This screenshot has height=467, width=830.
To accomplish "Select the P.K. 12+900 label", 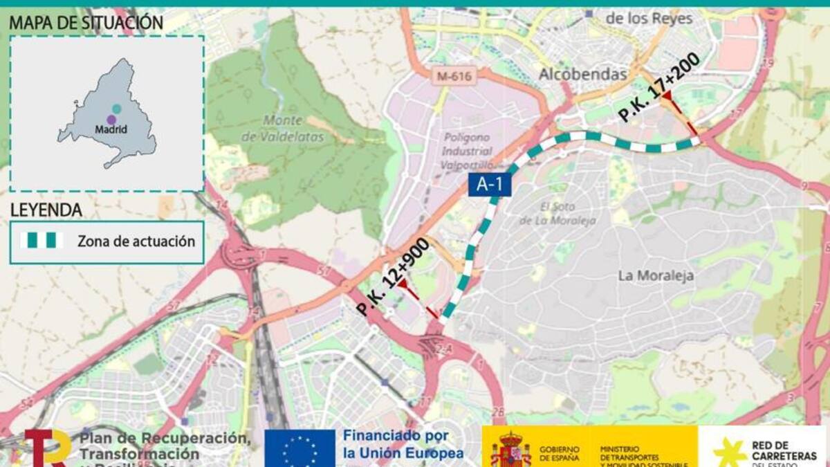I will tap(392, 277).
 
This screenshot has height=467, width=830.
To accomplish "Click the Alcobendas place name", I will tap(582, 74).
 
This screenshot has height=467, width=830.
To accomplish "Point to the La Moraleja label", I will tap(656, 275).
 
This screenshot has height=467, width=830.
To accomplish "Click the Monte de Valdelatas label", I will tap(283, 129).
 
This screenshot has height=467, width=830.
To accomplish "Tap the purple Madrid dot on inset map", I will tap(111, 120).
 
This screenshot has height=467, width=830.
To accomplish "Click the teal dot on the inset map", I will tap(117, 109).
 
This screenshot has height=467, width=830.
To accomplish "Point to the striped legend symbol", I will tap(41, 241).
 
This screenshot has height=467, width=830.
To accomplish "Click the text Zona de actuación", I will tap(136, 241).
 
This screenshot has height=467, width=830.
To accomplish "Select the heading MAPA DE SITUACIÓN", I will tap(86, 23).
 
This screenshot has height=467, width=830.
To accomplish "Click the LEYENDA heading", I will tap(46, 210).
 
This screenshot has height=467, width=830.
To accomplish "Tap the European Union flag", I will tap(299, 448).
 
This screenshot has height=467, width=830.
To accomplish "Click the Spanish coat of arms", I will tap(510, 450).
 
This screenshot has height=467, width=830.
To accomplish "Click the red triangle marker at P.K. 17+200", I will tap(668, 103).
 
